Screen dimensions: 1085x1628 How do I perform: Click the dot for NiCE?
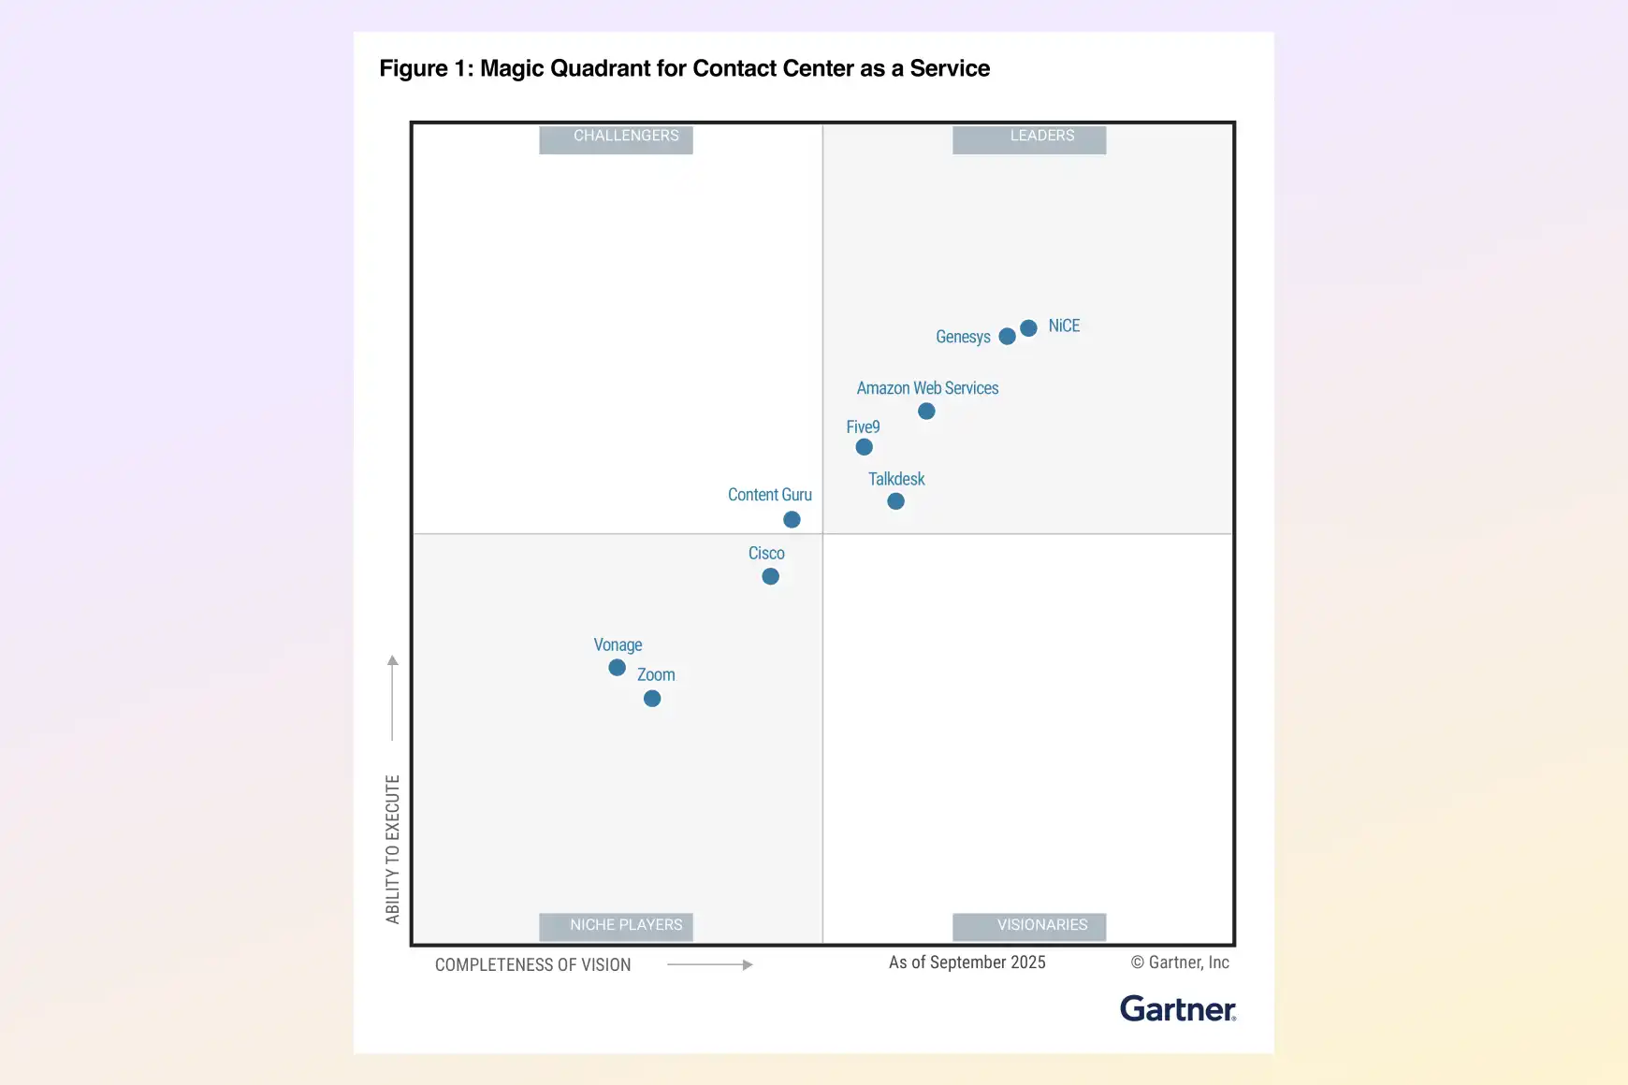(x=1028, y=328)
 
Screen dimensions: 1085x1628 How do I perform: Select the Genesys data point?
(x=1007, y=337)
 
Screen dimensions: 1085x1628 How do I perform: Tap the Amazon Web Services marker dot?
(x=926, y=412)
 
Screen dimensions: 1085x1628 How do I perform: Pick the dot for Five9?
(x=865, y=447)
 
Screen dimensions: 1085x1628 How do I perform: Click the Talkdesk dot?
(x=895, y=501)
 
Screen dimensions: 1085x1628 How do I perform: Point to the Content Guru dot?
(x=792, y=520)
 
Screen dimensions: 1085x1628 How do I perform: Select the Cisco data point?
(x=770, y=577)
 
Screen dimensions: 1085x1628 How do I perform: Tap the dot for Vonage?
(x=617, y=668)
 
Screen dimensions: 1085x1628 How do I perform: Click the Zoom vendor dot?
(x=652, y=699)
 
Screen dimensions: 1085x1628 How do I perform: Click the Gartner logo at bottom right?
(x=1177, y=1009)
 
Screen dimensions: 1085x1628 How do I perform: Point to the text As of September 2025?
(x=967, y=962)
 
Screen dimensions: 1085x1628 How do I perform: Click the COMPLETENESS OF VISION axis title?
(x=532, y=965)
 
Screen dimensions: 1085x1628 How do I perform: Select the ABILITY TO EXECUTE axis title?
(x=393, y=848)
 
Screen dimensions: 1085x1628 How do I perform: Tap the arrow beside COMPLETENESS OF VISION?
(x=710, y=964)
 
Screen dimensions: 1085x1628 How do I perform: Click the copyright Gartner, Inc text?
(x=1180, y=962)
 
